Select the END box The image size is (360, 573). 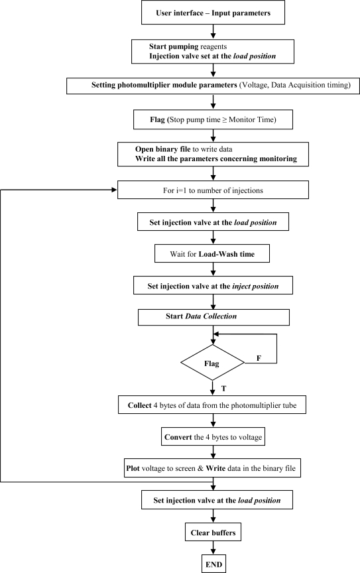pyautogui.click(x=212, y=564)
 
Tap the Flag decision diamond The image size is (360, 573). pyautogui.click(x=212, y=363)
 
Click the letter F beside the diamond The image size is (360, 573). pyautogui.click(x=258, y=358)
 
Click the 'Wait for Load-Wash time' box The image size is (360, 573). pyautogui.click(x=212, y=253)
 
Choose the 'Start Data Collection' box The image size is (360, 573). pyautogui.click(x=212, y=316)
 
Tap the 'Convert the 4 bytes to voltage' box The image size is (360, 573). pyautogui.click(x=212, y=437)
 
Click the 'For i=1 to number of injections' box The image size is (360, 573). pyautogui.click(x=212, y=190)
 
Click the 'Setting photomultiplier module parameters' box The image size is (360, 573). pyautogui.click(x=212, y=86)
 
